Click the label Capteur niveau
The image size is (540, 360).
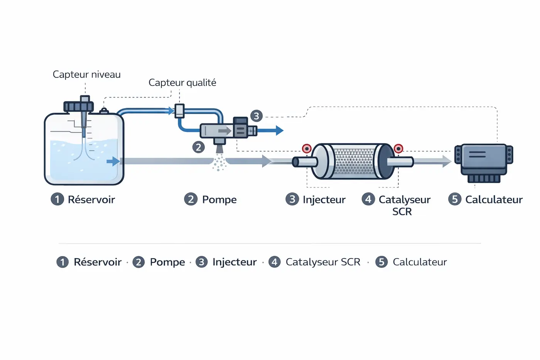click(86, 74)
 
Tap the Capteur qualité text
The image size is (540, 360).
click(182, 83)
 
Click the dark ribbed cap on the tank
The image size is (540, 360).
click(79, 106)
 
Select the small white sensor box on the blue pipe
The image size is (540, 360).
click(179, 111)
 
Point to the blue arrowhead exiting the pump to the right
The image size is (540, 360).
click(279, 130)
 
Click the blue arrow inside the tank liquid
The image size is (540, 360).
click(113, 161)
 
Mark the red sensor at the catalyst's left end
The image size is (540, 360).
click(307, 149)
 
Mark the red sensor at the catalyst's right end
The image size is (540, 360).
click(398, 149)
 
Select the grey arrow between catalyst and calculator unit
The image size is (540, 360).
click(432, 161)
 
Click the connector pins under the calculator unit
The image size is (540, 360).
click(484, 179)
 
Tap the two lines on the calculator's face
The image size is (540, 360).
click(478, 154)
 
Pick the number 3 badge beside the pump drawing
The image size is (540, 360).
click(256, 116)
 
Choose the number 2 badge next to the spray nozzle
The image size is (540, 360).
click(198, 147)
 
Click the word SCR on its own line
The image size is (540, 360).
click(402, 211)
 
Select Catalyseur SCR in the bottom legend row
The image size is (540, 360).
click(323, 262)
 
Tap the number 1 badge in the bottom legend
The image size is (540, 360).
click(62, 262)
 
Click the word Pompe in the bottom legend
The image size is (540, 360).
click(167, 262)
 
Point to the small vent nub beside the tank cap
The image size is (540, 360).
click(104, 111)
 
